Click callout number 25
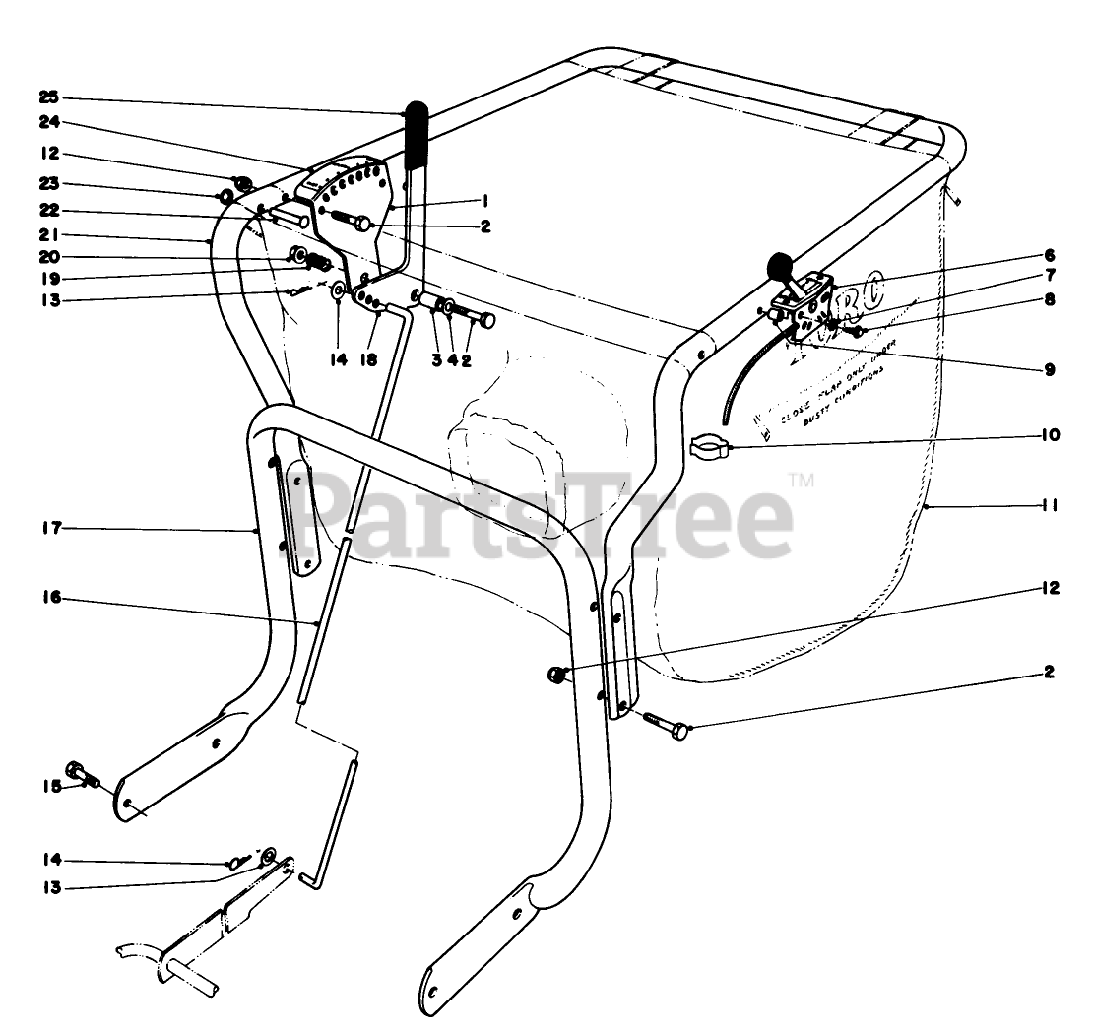pyautogui.click(x=50, y=97)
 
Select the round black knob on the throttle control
pyautogui.click(x=781, y=266)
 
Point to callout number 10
pyautogui.click(x=1050, y=433)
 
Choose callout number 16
pyautogui.click(x=50, y=597)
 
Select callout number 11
pyautogui.click(x=1050, y=505)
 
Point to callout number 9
pyautogui.click(x=1051, y=370)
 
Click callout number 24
pyautogui.click(x=50, y=125)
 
